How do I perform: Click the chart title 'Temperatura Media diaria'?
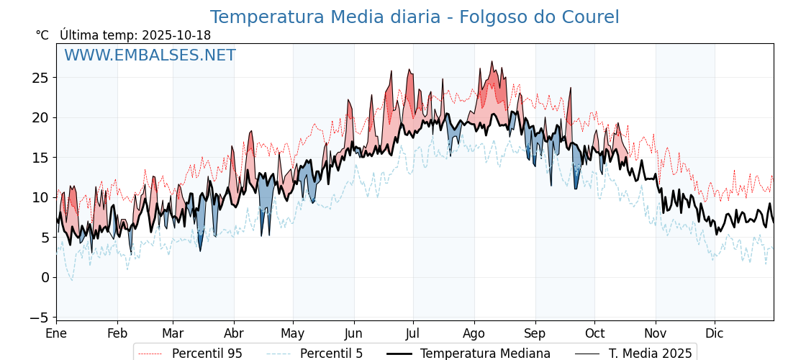[x=414, y=17]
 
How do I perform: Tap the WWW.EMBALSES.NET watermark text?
[x=150, y=55]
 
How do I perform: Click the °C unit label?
[x=42, y=35]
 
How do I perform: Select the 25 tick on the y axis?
[x=40, y=77]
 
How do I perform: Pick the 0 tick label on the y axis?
[x=45, y=277]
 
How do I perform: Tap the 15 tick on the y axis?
[x=40, y=157]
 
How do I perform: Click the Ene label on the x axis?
[x=56, y=333]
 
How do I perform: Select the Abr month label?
[x=234, y=333]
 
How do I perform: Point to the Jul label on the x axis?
[x=413, y=333]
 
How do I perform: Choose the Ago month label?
[x=474, y=333]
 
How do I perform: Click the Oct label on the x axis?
[x=594, y=333]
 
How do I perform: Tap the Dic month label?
[x=715, y=333]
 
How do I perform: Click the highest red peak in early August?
[x=492, y=62]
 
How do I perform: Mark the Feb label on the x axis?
[x=117, y=333]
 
